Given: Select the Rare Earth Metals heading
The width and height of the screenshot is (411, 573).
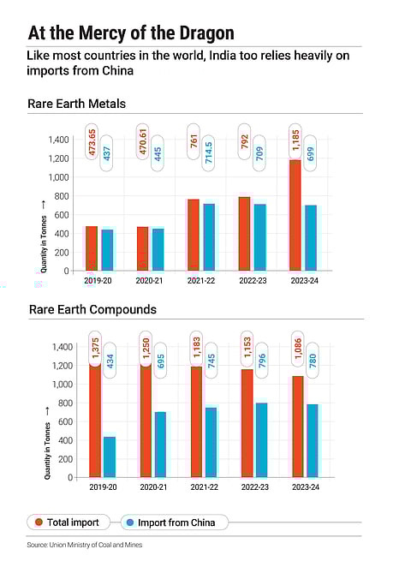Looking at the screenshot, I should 77,104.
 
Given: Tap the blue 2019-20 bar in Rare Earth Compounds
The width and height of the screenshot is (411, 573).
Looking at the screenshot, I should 110,457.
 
